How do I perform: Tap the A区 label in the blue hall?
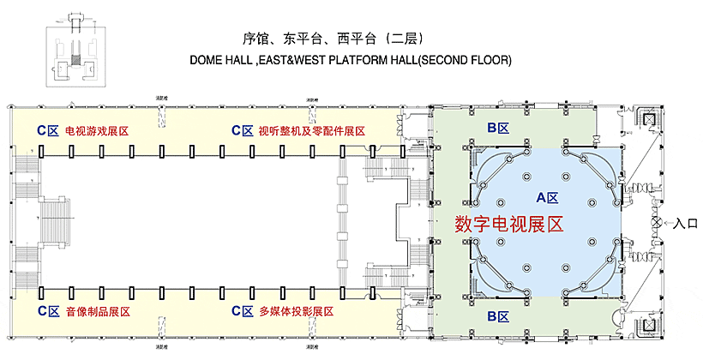547,197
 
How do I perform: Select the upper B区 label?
498,128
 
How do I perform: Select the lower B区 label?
498,317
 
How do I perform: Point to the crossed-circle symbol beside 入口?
657,222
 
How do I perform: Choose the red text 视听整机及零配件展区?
311,131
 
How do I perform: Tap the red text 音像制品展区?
97,310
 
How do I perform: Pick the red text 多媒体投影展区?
296,310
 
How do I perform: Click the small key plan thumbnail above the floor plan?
76,52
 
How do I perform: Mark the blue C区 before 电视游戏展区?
47,131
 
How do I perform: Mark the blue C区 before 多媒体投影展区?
243,310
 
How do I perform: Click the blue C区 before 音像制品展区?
47,310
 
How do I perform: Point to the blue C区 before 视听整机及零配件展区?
243,131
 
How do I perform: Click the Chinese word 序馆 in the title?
256,39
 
